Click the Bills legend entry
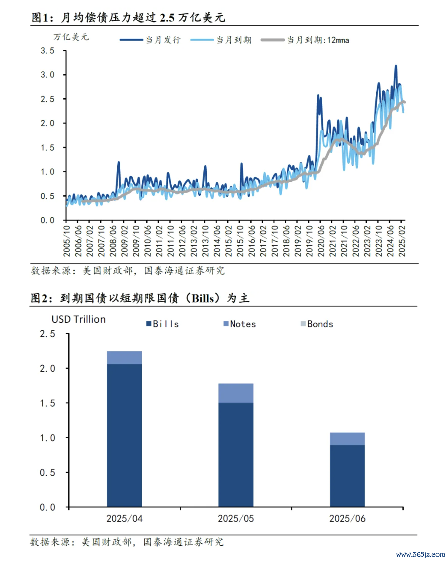163,324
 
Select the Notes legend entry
240,324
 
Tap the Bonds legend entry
317,324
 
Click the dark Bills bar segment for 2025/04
124,434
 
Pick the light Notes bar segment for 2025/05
236,393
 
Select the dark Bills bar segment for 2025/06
347,476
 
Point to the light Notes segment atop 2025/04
124,357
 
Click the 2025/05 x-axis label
236,518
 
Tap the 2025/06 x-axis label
347,518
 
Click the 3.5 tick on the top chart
47,51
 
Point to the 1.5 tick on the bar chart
47,403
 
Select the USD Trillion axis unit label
78,319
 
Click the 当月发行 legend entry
151,40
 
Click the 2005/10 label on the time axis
67,240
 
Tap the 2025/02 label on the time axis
402,240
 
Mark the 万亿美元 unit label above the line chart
71,37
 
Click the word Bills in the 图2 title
203,298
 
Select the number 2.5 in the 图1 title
167,18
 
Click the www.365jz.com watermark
421,554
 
